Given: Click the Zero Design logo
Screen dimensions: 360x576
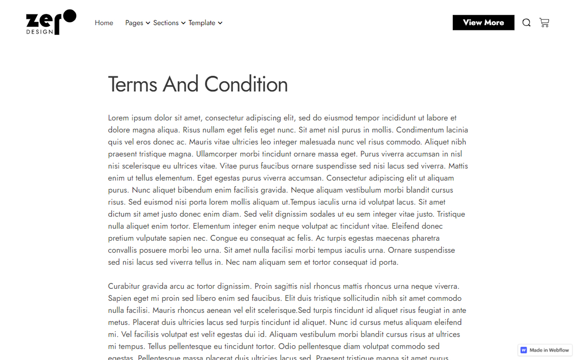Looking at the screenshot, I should coord(51,22).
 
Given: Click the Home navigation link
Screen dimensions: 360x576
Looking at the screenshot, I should coord(104,23).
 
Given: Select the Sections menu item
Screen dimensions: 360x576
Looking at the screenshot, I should coord(166,23).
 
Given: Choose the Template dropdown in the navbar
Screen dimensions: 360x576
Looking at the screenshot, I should coord(202,23).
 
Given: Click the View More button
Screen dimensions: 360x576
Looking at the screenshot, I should coord(483,22).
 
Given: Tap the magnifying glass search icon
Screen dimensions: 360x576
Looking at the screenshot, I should coord(526,23).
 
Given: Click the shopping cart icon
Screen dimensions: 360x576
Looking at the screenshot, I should coord(544,22).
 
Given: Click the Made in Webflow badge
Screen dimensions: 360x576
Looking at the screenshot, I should coord(545,350).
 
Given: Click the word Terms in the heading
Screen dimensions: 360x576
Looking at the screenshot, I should coord(132,84).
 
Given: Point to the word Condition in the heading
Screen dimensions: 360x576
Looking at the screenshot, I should coord(246,84).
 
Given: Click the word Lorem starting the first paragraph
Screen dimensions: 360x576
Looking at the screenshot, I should coord(118,118).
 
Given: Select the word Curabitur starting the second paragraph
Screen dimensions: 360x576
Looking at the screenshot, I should coord(124,286).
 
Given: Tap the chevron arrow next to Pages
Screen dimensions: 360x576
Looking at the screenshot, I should coord(148,23).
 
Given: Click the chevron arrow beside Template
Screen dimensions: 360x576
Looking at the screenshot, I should coord(220,23).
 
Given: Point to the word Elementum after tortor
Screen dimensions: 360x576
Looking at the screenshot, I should coord(212,226).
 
